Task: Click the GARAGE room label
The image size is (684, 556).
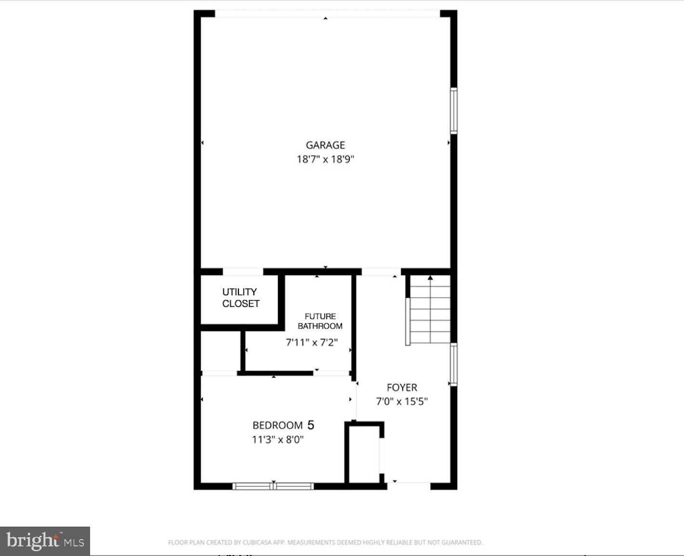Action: (x=326, y=145)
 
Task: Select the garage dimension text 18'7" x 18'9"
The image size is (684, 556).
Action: (x=326, y=159)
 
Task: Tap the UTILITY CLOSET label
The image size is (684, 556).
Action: (x=240, y=298)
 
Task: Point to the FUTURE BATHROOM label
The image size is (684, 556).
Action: (x=320, y=321)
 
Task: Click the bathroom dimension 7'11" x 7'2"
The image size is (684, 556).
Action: (x=312, y=343)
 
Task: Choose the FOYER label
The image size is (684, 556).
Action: (x=402, y=387)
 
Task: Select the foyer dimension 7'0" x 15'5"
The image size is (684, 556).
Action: (x=402, y=401)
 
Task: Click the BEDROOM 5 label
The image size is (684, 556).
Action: (x=283, y=425)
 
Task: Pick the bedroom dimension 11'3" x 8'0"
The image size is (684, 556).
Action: (x=278, y=439)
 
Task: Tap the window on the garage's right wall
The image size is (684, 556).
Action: (x=454, y=110)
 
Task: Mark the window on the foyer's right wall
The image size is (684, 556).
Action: (x=454, y=364)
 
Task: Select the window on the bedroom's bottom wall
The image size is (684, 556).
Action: (x=273, y=486)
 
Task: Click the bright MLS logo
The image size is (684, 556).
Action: (x=45, y=541)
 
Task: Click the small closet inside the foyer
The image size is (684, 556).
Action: (x=365, y=453)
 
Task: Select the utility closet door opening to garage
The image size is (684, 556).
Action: (x=243, y=272)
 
